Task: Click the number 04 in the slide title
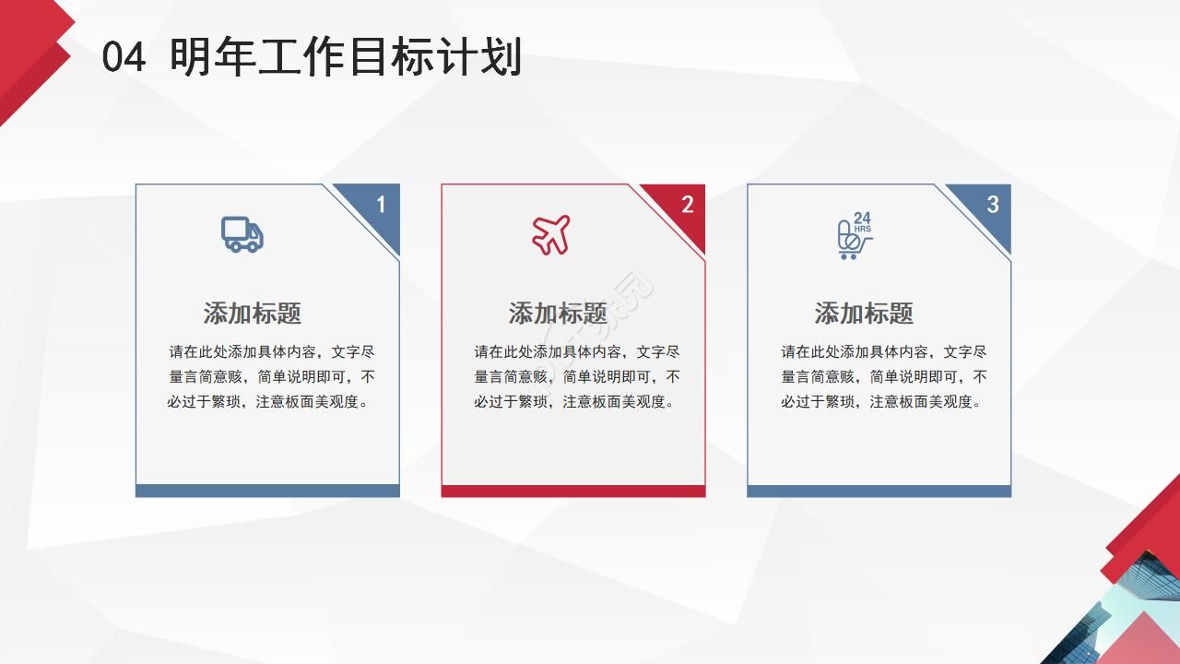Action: (124, 58)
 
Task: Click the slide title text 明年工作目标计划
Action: (346, 57)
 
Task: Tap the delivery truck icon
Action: (242, 234)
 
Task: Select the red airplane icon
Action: (551, 234)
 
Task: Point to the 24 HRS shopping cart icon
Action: (854, 236)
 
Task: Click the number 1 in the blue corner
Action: (381, 205)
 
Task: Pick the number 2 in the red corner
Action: (687, 205)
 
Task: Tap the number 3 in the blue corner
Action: (993, 205)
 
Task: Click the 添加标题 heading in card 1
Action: (253, 314)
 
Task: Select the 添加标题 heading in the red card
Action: (558, 314)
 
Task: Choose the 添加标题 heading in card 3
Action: (864, 314)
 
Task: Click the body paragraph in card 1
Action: (271, 377)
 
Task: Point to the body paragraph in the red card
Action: (577, 377)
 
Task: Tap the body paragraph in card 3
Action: (884, 377)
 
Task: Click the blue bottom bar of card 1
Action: (267, 491)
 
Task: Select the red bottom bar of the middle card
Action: (573, 491)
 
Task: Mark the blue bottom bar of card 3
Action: (879, 491)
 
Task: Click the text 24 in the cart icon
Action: (862, 219)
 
